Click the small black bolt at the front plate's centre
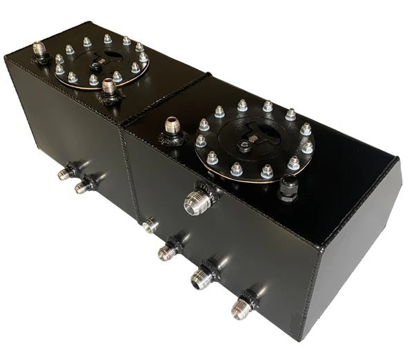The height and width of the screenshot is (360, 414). tap(244, 146)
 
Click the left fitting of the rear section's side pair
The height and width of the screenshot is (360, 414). tap(66, 172)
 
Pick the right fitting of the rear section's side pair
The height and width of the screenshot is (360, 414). tap(84, 186)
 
